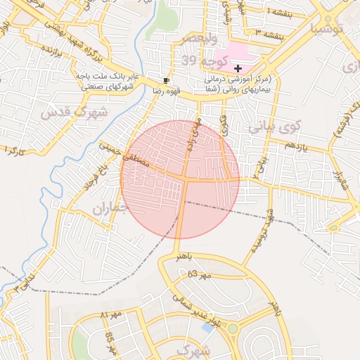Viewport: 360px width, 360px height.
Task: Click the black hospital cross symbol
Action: point(238,67)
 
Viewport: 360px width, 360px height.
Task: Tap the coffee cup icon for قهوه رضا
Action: point(166,80)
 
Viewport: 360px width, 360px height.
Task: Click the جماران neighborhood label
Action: point(112,210)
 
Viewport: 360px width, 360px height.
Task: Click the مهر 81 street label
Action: point(112,314)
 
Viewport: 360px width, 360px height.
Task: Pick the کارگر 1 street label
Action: point(14,150)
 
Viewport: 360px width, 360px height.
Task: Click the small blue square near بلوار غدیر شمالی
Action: point(208,328)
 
